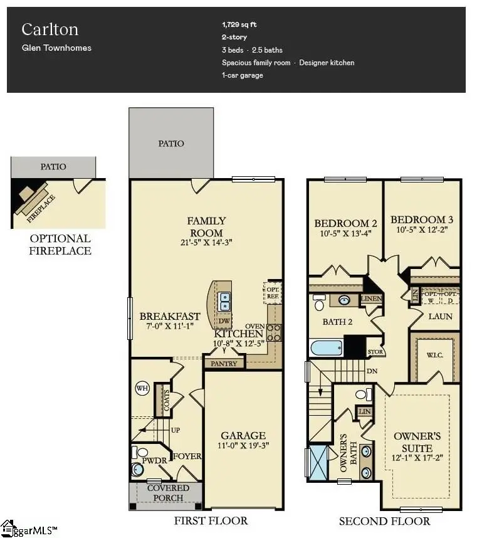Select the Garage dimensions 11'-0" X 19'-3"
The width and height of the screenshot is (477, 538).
tap(243, 446)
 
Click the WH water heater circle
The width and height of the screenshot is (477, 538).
tap(142, 389)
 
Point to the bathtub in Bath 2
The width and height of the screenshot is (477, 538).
tap(327, 347)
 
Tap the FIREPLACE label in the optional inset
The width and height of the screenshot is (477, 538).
tap(41, 209)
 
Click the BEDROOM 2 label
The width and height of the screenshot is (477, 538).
tap(345, 223)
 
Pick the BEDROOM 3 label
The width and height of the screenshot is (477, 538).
tap(421, 219)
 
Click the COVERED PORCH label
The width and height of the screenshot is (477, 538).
tap(167, 493)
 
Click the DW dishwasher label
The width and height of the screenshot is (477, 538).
tap(224, 321)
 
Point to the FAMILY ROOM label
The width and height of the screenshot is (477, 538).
tap(206, 226)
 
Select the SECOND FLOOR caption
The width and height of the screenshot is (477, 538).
tap(384, 521)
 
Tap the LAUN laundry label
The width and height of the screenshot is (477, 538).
tap(440, 316)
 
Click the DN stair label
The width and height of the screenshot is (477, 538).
tap(372, 370)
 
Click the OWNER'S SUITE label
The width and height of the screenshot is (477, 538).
tap(412, 442)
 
